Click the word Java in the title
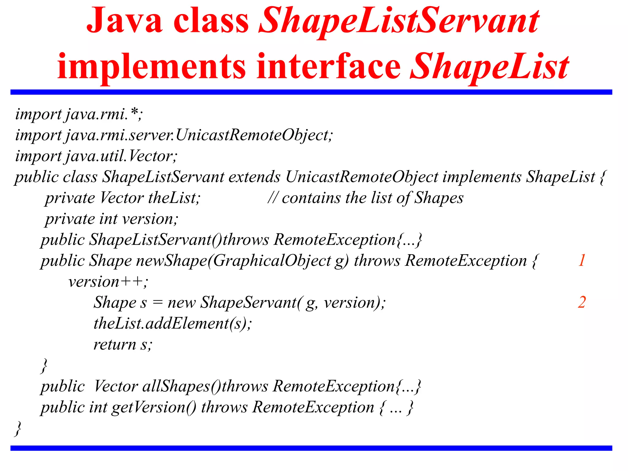click(x=124, y=21)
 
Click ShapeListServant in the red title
click(x=399, y=21)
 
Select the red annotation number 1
click(x=582, y=260)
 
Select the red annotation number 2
click(x=582, y=302)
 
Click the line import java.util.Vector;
click(x=96, y=156)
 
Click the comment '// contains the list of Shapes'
click(x=365, y=198)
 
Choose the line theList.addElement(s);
click(x=173, y=324)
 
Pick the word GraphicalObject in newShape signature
click(x=272, y=261)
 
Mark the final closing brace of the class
click(x=18, y=428)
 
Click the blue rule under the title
click(x=311, y=92)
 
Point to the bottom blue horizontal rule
click(x=311, y=448)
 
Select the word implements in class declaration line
click(x=482, y=177)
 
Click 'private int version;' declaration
click(x=112, y=219)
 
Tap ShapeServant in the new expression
click(x=248, y=302)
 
